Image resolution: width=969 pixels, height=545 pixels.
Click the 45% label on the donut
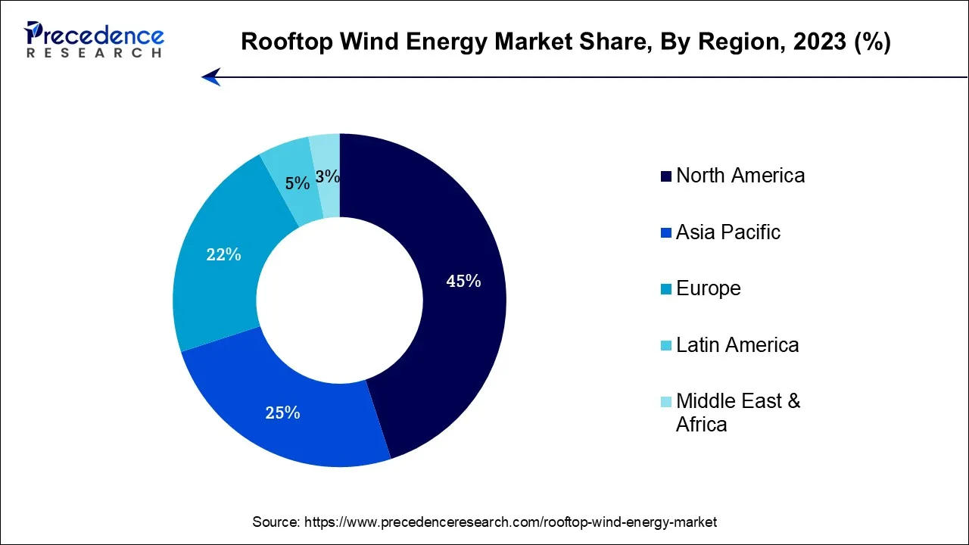(x=463, y=282)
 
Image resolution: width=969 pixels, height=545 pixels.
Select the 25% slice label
(x=282, y=413)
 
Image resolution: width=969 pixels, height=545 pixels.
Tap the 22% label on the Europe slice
(x=223, y=255)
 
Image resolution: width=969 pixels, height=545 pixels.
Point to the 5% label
(x=298, y=183)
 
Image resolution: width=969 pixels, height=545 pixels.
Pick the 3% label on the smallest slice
(x=328, y=176)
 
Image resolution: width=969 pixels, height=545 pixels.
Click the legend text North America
(x=740, y=176)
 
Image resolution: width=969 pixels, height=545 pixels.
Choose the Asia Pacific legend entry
(x=728, y=232)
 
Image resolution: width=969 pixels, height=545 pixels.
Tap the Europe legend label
(x=708, y=288)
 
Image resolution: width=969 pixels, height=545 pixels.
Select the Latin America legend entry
(x=737, y=345)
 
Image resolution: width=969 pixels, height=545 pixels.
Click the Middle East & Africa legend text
(x=737, y=412)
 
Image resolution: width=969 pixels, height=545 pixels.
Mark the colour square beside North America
(x=665, y=176)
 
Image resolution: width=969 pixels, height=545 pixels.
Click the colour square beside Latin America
(x=665, y=346)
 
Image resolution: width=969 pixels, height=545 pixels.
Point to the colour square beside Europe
(x=665, y=289)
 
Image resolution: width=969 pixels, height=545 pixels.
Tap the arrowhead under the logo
(x=211, y=76)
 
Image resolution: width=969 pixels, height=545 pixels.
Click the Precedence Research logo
(x=94, y=39)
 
